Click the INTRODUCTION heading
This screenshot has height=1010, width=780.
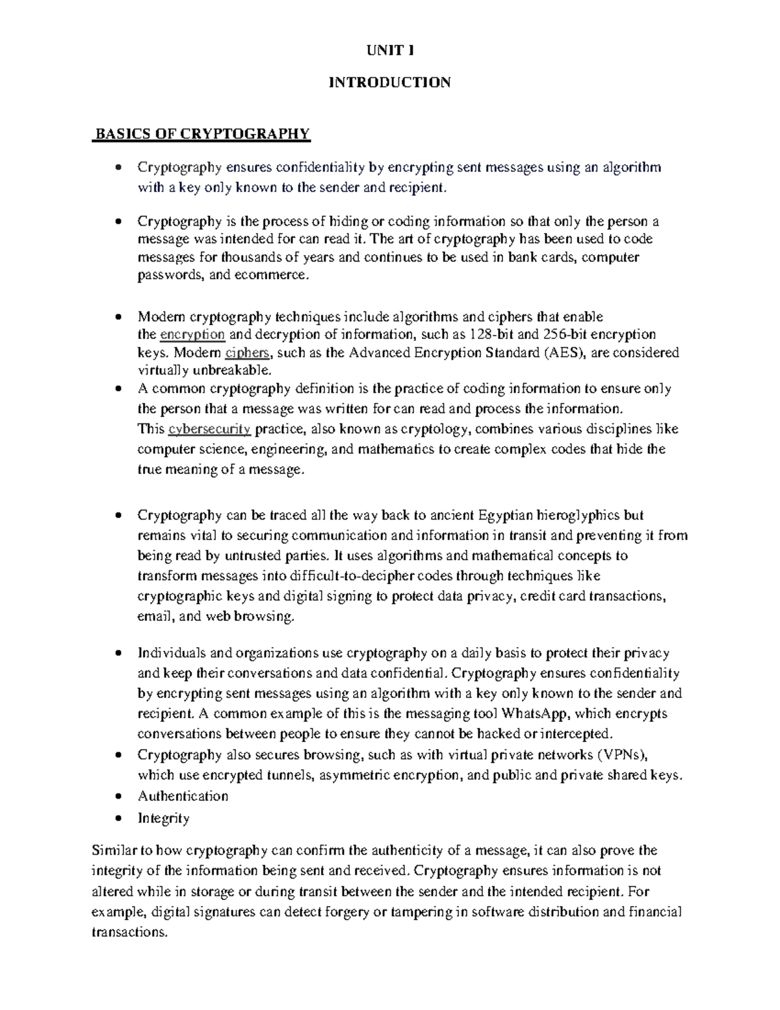point(390,83)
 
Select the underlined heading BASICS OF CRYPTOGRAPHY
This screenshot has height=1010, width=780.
point(203,135)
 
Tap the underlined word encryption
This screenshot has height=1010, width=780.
point(192,335)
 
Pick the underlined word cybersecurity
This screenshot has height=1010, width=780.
point(209,429)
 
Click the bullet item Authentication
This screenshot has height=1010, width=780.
point(183,796)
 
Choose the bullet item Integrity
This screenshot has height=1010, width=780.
point(163,818)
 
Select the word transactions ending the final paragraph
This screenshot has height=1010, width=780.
point(129,932)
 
